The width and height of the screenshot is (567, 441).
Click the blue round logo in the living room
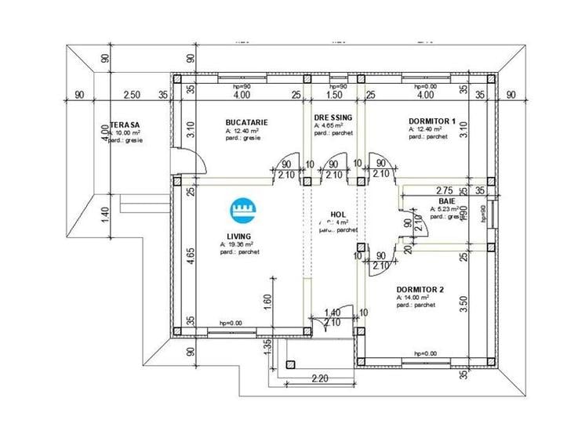243,209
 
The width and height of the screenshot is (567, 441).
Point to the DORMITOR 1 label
432,121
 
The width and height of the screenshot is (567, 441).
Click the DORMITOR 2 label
420,289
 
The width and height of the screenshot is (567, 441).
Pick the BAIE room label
437,201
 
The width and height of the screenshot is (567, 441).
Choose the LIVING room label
238,236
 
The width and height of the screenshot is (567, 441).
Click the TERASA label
125,125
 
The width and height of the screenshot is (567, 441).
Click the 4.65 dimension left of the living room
191,257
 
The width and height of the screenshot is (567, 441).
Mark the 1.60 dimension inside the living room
268,299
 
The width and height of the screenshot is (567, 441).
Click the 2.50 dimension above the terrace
131,95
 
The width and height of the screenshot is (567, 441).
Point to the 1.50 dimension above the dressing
333,95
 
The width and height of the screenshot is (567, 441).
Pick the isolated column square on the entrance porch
291,364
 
